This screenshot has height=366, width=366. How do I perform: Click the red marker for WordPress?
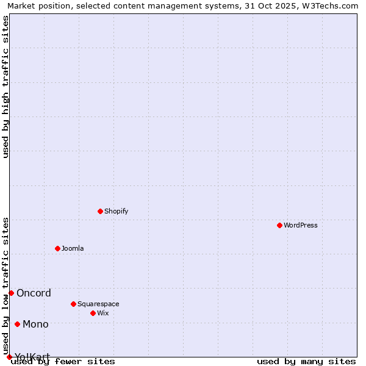coord(279,225)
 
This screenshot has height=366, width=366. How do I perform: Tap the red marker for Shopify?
coord(100,211)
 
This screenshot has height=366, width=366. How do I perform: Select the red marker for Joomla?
coord(57,248)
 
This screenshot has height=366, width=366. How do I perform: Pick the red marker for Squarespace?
coord(73,304)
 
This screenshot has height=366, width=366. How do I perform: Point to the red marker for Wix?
coord(93,313)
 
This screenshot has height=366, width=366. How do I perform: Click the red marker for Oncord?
coord(11,293)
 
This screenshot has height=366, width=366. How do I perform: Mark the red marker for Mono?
coord(17,324)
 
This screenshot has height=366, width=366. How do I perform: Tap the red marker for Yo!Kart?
coord(9,357)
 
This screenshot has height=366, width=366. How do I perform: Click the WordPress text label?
coord(301,225)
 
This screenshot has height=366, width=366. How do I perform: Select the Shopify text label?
coord(117,211)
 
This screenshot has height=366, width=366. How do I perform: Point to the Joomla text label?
coord(73,248)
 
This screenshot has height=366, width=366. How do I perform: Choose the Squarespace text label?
coord(98,304)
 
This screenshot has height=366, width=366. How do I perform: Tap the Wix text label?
coord(103,313)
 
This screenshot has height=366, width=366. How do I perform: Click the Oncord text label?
coord(34,293)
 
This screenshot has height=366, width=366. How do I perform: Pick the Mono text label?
coord(35,324)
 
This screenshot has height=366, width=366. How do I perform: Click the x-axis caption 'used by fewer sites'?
coord(63,361)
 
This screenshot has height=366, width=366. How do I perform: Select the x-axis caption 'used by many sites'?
coord(306,361)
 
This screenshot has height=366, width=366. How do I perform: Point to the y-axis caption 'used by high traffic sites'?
coord(6,87)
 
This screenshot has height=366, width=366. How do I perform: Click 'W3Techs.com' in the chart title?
coord(328,5)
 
